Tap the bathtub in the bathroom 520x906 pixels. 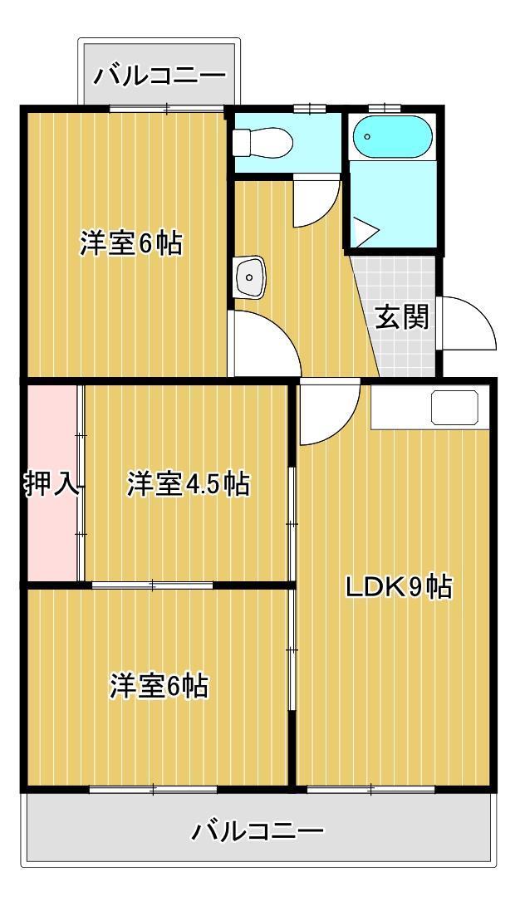point(390,137)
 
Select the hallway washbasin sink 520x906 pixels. point(250,277)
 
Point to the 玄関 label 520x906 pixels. point(402,317)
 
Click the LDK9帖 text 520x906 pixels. point(399,588)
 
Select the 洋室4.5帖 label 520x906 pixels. point(188,484)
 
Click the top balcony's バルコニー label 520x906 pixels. point(159,77)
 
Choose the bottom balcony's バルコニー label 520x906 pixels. point(258,830)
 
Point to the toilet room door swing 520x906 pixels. point(316,203)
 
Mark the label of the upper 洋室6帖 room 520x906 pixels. point(131,244)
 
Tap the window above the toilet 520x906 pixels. point(308,109)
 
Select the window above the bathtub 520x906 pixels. point(385,108)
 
